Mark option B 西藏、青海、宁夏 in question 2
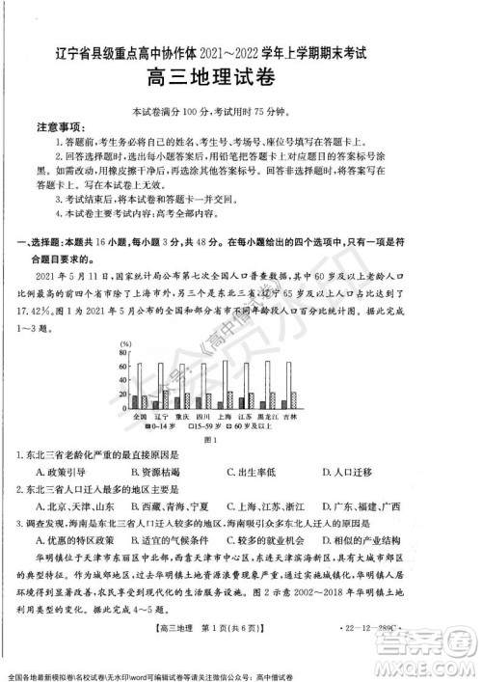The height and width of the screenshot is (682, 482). point(167,506)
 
